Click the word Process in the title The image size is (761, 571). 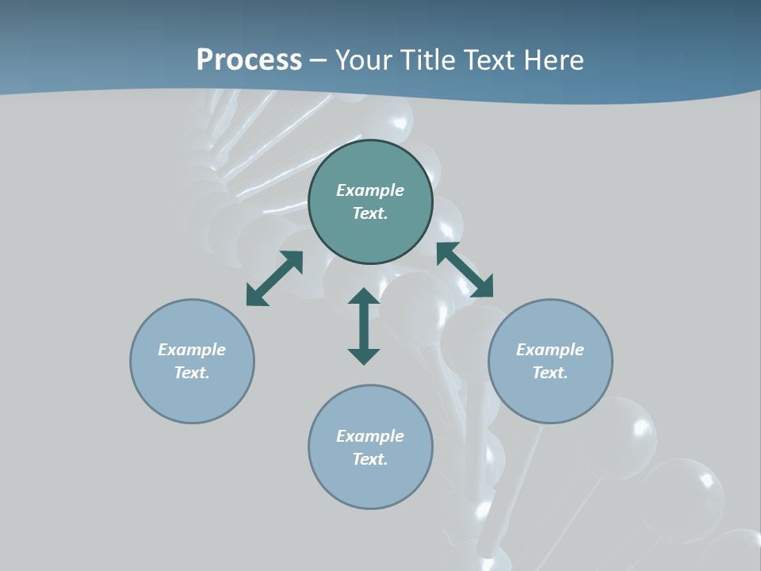point(249,60)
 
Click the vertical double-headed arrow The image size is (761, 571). point(364,326)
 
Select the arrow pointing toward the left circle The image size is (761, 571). point(274,278)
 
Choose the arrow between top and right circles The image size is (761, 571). point(465,270)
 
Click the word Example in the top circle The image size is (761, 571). point(370,190)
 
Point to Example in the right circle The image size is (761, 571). point(550,350)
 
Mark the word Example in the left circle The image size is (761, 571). point(192,350)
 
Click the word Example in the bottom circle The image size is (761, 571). point(370,436)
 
